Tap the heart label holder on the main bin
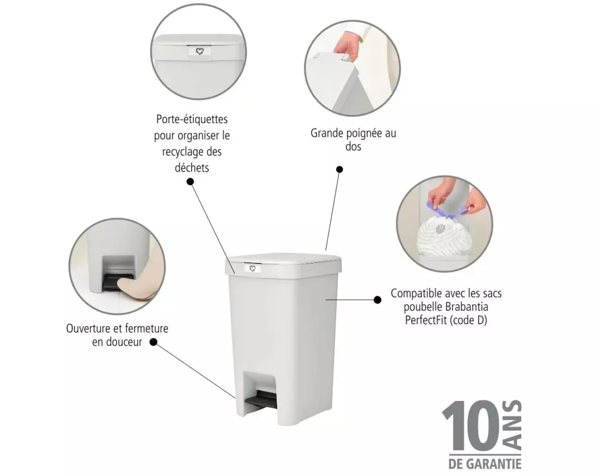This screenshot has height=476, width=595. [252, 268]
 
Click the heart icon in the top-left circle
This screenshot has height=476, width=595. [199, 51]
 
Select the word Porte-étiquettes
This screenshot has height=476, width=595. [192, 119]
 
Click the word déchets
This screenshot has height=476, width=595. [192, 167]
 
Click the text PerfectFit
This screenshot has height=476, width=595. [426, 320]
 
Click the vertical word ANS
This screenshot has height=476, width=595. [512, 425]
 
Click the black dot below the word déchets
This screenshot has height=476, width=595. [190, 181]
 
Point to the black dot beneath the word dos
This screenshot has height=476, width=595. [340, 170]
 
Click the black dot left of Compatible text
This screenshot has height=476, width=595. [377, 300]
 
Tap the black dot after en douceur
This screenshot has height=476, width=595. [154, 342]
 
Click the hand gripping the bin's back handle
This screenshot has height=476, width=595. [346, 46]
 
